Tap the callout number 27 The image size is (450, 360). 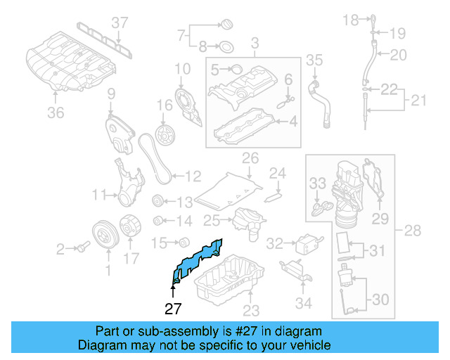click(x=173, y=308)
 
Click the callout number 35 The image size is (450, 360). click(x=314, y=60)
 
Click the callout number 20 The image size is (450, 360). click(x=399, y=54)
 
